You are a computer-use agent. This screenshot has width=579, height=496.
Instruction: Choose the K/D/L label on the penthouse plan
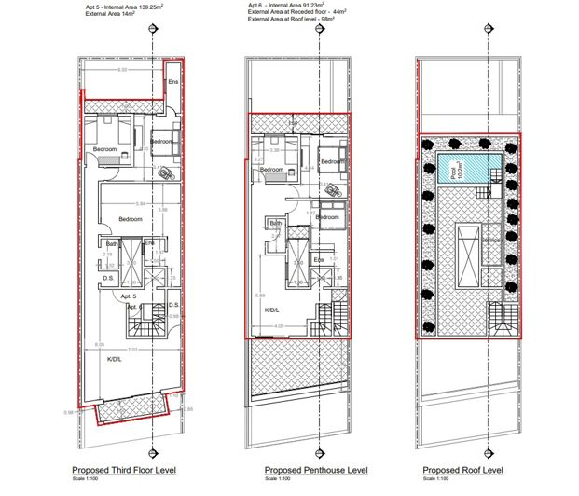(x=274, y=310)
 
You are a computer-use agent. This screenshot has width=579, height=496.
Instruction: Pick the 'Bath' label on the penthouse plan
(x=276, y=223)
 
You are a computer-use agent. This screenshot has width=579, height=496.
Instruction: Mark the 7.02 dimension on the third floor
(x=133, y=350)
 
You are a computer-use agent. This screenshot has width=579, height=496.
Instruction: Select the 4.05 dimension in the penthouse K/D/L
(x=279, y=326)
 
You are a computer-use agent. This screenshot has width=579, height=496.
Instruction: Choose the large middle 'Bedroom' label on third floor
(x=130, y=219)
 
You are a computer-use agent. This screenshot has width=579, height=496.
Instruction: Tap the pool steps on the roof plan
(x=483, y=192)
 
